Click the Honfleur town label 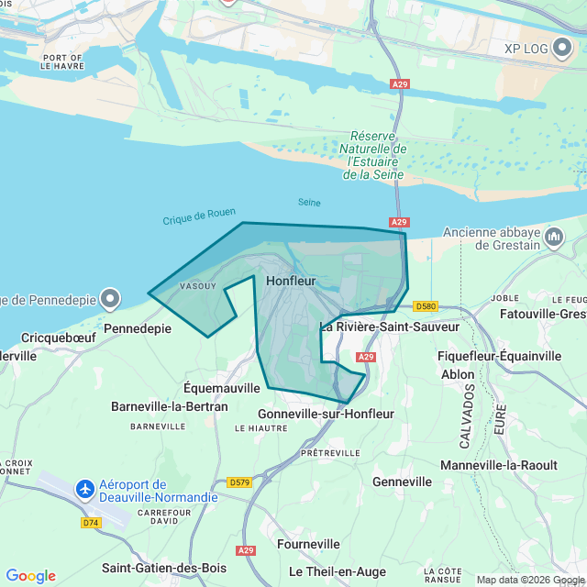coord(291,281)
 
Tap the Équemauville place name coord(222,388)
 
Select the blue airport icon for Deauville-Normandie coord(85,489)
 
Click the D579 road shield coord(239,482)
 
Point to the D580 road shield coord(426,305)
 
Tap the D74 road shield coord(91,523)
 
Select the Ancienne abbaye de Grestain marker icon coord(554,238)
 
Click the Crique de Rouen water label coord(199,216)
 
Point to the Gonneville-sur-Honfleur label coord(326,414)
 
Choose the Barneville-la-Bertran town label coord(169,406)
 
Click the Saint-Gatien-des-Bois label coord(164,568)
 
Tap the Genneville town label coord(403,482)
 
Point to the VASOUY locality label coord(198,285)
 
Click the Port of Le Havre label coord(62,62)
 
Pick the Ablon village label coord(458,374)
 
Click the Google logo coord(30,576)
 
